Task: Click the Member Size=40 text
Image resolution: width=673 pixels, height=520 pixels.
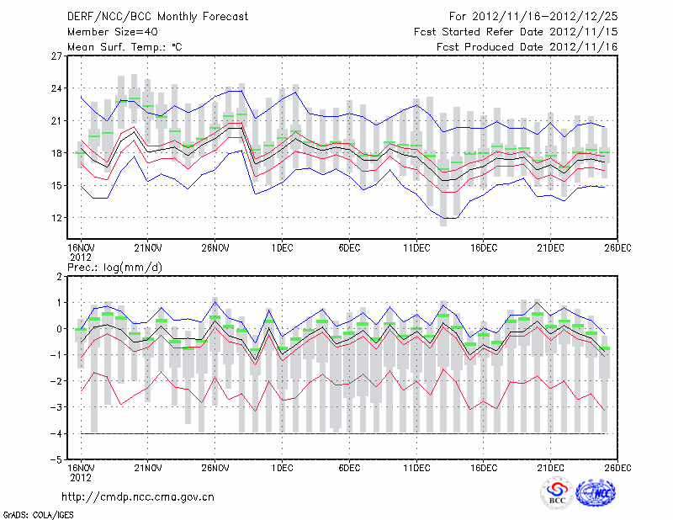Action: (106, 31)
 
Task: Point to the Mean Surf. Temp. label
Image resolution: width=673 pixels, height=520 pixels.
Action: (125, 46)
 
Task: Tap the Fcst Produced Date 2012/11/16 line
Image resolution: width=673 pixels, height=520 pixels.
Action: (527, 46)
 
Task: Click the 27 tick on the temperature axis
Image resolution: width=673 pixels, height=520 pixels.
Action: (57, 56)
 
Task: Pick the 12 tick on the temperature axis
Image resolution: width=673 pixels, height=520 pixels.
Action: (57, 218)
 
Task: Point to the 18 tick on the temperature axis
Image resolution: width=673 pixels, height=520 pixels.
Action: (57, 153)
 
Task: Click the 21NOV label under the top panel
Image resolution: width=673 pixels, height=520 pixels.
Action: (148, 248)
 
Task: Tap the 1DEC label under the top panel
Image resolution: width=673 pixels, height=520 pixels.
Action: (283, 248)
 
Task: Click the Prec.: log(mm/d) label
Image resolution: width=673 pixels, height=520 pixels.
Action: (113, 267)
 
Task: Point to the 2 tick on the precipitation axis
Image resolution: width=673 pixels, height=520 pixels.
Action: (60, 276)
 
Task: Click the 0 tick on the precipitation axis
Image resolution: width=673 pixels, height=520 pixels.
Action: (60, 329)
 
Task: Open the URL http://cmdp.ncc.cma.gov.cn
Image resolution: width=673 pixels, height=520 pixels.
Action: (139, 496)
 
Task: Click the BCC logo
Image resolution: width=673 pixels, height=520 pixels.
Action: (557, 493)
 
